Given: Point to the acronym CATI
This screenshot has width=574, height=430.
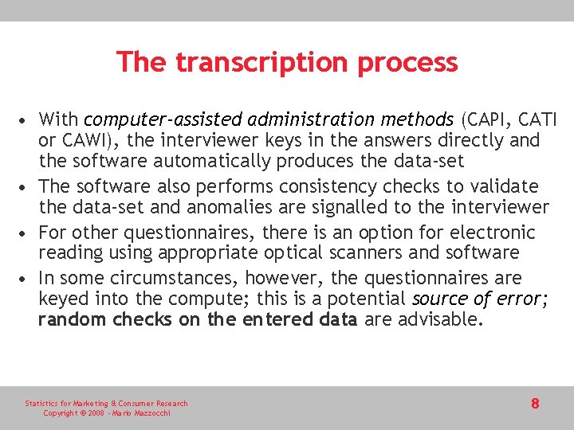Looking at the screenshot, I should pos(537,119).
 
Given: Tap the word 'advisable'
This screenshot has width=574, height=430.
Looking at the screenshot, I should pos(441,320).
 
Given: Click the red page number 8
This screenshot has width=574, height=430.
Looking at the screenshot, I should pos(535,404).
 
